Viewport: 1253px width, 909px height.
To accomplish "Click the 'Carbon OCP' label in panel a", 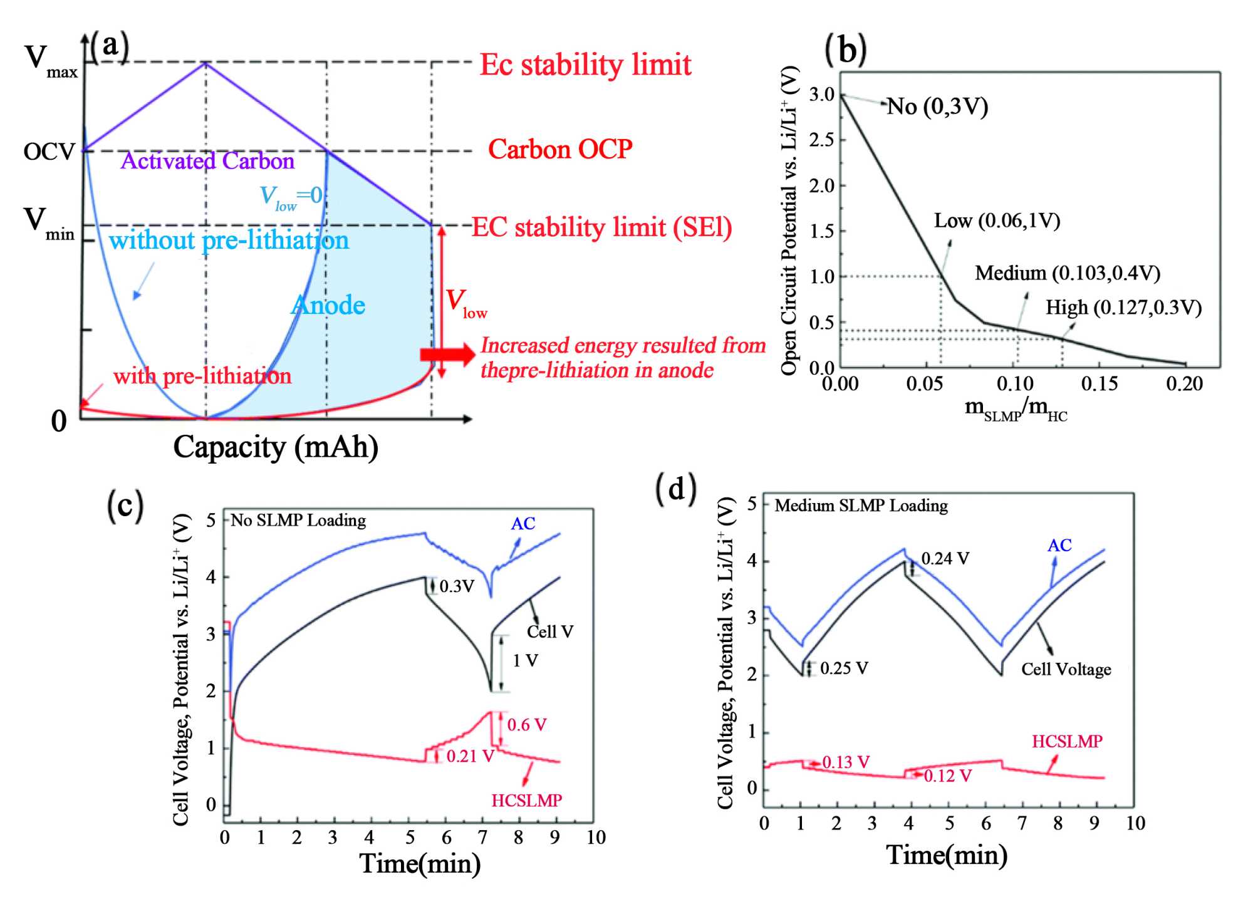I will [x=560, y=150].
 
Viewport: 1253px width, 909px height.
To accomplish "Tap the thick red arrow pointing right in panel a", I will [x=447, y=355].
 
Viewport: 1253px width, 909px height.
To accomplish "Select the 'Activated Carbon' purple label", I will [x=207, y=162].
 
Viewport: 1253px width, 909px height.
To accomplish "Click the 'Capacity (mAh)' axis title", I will [x=276, y=447].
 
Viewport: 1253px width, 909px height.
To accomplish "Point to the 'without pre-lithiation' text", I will [x=229, y=241].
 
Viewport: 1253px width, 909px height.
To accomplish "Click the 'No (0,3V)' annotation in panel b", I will [x=937, y=106].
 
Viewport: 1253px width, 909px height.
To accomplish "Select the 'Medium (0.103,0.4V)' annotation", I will [x=1068, y=273].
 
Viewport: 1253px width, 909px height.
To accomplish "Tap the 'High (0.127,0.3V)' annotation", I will [x=1123, y=308].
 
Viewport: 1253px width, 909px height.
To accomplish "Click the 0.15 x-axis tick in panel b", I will [x=1100, y=383].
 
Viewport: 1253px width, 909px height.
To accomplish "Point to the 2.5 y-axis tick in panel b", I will [x=822, y=140].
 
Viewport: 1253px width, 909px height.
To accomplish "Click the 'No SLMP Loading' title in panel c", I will [x=298, y=521].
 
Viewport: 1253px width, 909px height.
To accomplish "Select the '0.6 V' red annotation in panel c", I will [x=526, y=725].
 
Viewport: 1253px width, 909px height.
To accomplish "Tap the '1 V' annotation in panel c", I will [x=525, y=660].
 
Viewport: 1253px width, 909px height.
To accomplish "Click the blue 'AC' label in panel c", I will [x=523, y=524].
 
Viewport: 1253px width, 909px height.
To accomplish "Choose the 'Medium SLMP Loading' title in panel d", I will [x=861, y=506].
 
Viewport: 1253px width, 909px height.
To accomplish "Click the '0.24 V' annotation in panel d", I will [x=945, y=558].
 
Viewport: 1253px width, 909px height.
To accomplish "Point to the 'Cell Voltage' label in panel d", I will [x=1066, y=669].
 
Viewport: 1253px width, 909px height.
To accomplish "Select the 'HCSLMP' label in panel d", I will [x=1067, y=741].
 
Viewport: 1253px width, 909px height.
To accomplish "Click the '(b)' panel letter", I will [x=845, y=50].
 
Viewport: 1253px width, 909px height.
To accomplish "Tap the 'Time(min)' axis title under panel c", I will [x=420, y=863].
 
